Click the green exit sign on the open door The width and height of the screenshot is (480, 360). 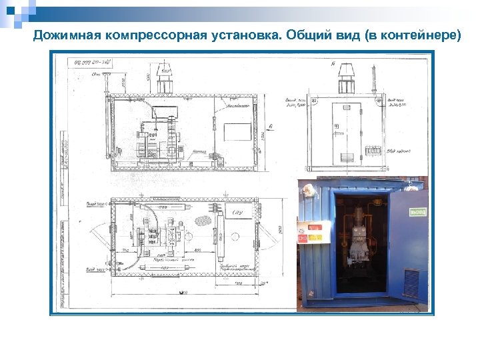click(x=417, y=212)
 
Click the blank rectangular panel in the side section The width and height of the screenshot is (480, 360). click(x=237, y=131)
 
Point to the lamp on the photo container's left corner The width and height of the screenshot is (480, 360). click(x=309, y=191)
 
